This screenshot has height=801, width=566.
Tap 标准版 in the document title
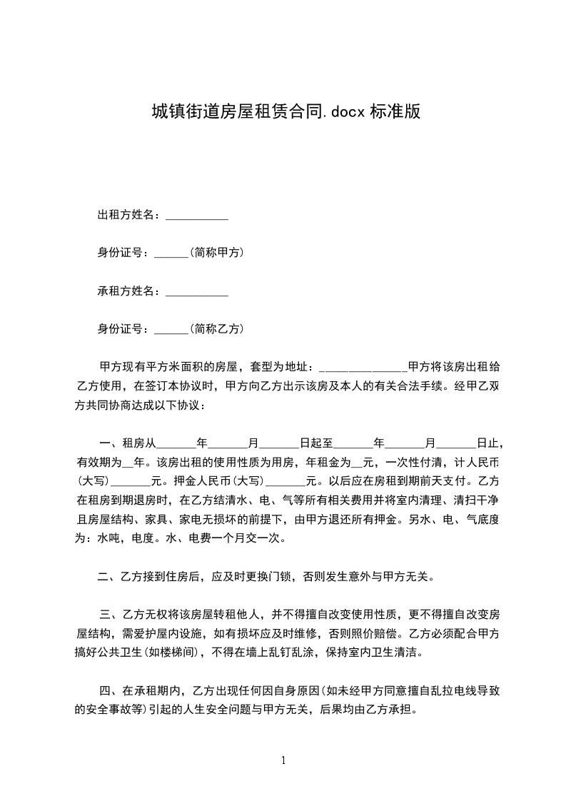[395, 111]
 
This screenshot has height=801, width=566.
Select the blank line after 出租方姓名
[197, 218]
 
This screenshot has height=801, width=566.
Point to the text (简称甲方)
[218, 253]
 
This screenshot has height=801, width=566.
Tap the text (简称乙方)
[218, 329]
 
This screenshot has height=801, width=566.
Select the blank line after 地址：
[363, 370]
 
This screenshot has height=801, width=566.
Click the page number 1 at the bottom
[284, 760]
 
